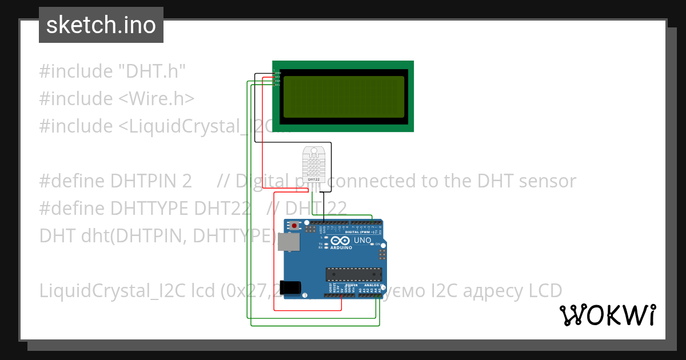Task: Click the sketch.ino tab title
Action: click(x=101, y=25)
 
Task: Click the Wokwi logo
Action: click(x=607, y=315)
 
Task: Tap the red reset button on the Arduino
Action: click(x=294, y=226)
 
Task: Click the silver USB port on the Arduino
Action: click(x=288, y=242)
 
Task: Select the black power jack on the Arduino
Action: click(x=293, y=286)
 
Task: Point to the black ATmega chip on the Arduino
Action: click(x=353, y=274)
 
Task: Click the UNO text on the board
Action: click(x=363, y=241)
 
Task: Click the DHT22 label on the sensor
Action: click(x=313, y=179)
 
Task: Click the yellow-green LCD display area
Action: click(x=343, y=97)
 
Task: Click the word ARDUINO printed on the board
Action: click(x=341, y=247)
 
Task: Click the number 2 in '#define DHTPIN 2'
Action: click(x=187, y=181)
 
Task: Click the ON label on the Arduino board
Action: click(x=378, y=244)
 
